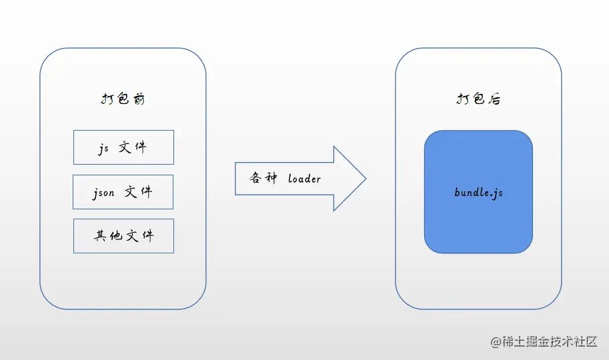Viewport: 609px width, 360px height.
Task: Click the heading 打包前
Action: pyautogui.click(x=123, y=99)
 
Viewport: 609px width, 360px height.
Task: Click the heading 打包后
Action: pyautogui.click(x=478, y=99)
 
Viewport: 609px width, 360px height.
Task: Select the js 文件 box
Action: pyautogui.click(x=123, y=147)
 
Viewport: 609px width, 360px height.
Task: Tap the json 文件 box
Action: pyautogui.click(x=123, y=192)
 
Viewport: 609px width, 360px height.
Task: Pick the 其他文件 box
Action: pyautogui.click(x=123, y=236)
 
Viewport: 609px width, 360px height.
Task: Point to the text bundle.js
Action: pyautogui.click(x=478, y=193)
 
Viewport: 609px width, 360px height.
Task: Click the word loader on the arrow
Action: pyautogui.click(x=304, y=179)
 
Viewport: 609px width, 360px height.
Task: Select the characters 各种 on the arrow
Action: pyautogui.click(x=262, y=179)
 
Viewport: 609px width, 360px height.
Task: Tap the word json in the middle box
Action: pyautogui.click(x=104, y=193)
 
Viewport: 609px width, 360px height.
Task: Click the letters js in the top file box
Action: pyautogui.click(x=103, y=149)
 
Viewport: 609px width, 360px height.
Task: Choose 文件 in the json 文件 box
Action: pyautogui.click(x=138, y=192)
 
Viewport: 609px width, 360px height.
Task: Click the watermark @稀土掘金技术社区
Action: pyautogui.click(x=544, y=342)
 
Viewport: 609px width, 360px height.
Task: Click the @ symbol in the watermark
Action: pyautogui.click(x=496, y=342)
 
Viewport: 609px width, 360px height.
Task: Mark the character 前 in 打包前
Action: pyautogui.click(x=138, y=99)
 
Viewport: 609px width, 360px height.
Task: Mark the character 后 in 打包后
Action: pyautogui.click(x=494, y=99)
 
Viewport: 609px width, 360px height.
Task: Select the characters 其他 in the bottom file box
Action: pyautogui.click(x=109, y=236)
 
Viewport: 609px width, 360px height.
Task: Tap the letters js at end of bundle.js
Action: pyautogui.click(x=498, y=193)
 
